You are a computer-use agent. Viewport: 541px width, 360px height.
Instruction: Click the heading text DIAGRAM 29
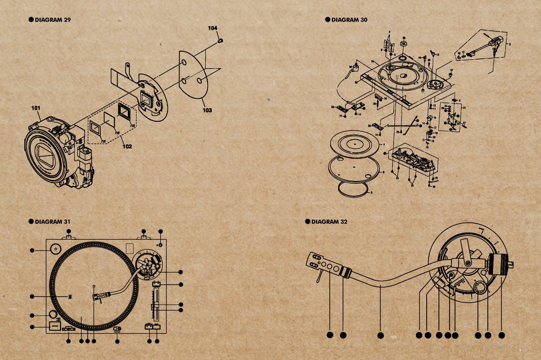tap(53, 20)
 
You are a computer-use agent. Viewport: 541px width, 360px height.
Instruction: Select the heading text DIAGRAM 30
tap(349, 20)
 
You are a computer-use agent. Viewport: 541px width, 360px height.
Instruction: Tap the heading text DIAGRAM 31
tap(53, 222)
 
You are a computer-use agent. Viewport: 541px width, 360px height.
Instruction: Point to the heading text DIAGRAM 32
tap(329, 222)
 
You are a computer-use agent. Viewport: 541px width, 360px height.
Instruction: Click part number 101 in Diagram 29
tap(36, 108)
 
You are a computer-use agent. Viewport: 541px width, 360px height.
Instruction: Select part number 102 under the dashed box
tap(127, 146)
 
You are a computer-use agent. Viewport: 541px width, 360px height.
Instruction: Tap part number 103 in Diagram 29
tap(207, 110)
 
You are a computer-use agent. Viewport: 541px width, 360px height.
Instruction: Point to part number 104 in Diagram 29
tap(213, 28)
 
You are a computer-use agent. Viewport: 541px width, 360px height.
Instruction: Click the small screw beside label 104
tap(220, 41)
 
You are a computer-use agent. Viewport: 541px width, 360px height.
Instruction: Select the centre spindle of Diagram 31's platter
tap(94, 285)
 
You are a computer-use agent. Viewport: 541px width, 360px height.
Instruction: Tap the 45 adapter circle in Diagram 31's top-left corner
tap(55, 249)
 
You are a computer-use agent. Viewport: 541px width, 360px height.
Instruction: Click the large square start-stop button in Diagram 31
tap(55, 326)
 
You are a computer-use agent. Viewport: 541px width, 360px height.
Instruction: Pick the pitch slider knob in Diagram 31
tap(155, 306)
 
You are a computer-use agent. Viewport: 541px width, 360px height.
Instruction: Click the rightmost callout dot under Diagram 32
tap(502, 335)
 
